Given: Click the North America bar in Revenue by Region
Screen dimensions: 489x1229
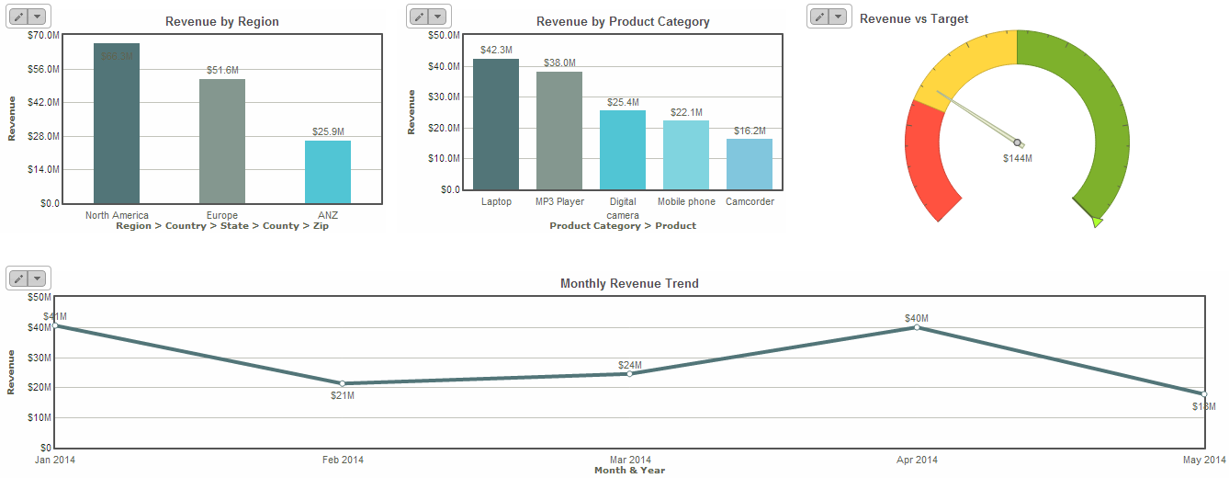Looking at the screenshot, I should [117, 123].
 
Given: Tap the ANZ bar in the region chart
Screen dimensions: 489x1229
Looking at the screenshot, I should [328, 172].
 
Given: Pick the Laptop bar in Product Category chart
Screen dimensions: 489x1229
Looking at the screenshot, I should [496, 124].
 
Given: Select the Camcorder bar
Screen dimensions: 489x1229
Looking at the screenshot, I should [750, 165].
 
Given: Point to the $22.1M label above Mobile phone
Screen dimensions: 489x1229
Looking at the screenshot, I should [686, 112].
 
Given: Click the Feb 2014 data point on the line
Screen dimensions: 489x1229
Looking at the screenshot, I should [342, 383].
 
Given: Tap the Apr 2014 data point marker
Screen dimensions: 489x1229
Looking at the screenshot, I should [917, 327].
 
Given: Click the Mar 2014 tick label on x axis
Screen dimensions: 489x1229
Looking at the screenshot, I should [629, 460].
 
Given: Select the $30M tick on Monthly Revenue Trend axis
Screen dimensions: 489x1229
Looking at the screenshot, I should [39, 358].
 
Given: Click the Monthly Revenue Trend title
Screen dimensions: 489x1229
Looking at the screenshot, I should [629, 284].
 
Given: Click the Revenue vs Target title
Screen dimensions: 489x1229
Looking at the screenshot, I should [914, 18].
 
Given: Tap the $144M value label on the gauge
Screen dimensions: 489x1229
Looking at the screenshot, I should [1017, 158].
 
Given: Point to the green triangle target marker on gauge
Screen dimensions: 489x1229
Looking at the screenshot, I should [1097, 222].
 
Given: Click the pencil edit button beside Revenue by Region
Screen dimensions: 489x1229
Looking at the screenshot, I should [18, 17].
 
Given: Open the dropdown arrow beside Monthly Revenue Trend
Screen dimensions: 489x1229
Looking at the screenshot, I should [38, 279].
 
